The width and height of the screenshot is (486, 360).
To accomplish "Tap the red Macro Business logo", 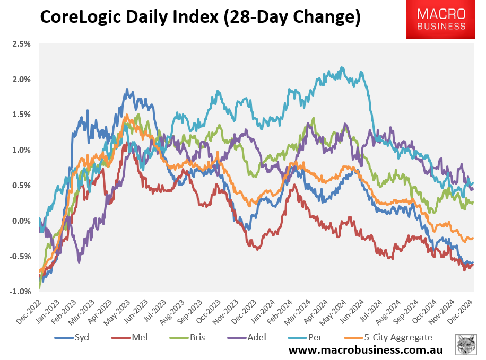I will [x=440, y=19].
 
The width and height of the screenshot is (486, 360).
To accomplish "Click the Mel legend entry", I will [x=131, y=337].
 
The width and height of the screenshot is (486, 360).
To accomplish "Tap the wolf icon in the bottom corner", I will [x=466, y=345].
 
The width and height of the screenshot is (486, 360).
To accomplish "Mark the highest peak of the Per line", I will [x=342, y=67].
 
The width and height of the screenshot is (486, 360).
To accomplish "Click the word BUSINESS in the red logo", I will [x=440, y=26].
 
